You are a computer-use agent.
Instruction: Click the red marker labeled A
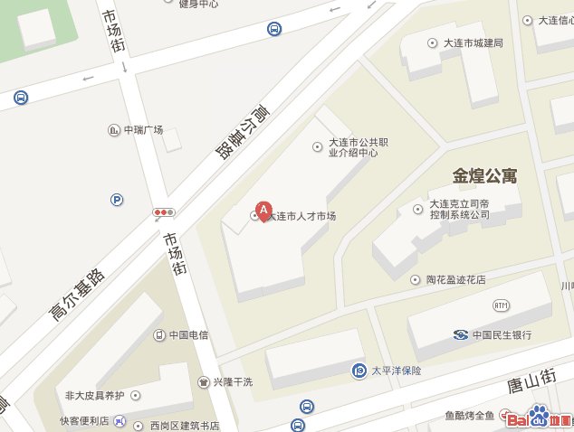pos(263,211)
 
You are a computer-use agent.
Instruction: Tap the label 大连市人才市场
pos(303,217)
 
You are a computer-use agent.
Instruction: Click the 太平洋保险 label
pos(396,371)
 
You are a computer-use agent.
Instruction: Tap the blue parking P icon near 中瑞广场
pos(117,200)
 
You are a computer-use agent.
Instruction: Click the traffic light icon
pos(164,212)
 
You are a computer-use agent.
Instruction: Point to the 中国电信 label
pos(188,335)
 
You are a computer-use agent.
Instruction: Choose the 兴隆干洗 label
pos(233,382)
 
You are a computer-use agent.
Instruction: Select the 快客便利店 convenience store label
pos(84,421)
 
